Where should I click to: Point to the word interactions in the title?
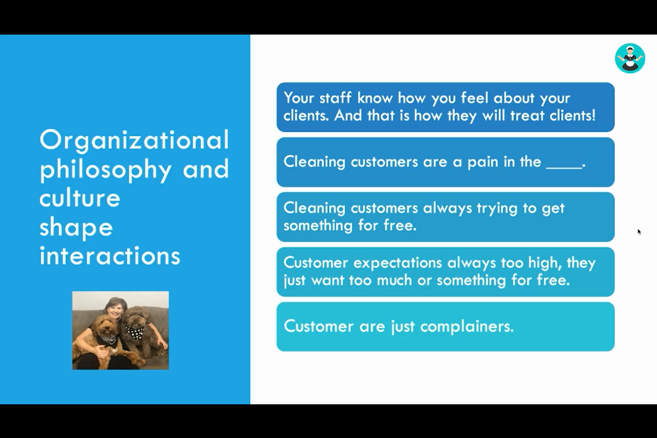click(x=110, y=256)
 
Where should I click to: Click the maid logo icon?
click(x=630, y=58)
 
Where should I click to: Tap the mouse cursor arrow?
click(x=639, y=232)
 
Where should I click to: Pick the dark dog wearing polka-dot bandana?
click(x=141, y=329)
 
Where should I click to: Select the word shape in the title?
click(x=76, y=228)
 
